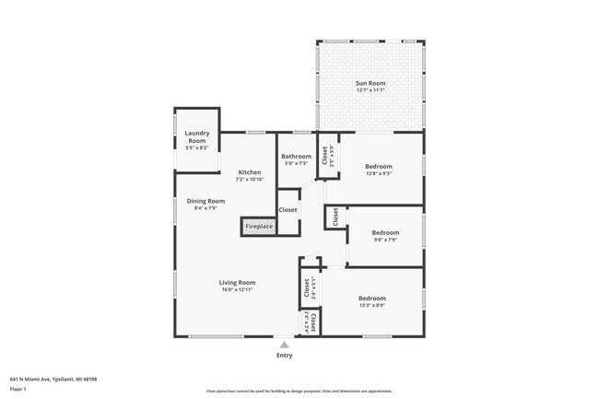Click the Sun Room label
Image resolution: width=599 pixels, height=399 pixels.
pos(370,84)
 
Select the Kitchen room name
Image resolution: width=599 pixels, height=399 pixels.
pos(250,172)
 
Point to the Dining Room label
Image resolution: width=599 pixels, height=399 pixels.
pos(206,201)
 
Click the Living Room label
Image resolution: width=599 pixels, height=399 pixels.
pos(237,282)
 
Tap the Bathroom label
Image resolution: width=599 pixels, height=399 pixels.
pos(296,157)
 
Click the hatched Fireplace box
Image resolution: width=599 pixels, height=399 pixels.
pos(258,226)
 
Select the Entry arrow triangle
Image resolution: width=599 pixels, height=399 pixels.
pos(284,345)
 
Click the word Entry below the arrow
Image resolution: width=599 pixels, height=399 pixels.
pos(284,356)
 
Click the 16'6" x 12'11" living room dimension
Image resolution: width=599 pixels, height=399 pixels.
pos(237,289)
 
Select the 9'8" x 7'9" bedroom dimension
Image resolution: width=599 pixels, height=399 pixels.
pos(385,240)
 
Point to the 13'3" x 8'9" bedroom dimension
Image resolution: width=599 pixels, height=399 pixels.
pos(372,305)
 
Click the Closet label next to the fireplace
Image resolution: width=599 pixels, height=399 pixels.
pos(288,210)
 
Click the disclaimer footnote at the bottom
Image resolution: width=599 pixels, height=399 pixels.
pos(299,391)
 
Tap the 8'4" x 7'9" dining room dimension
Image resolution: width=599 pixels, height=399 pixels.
pos(206,208)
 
